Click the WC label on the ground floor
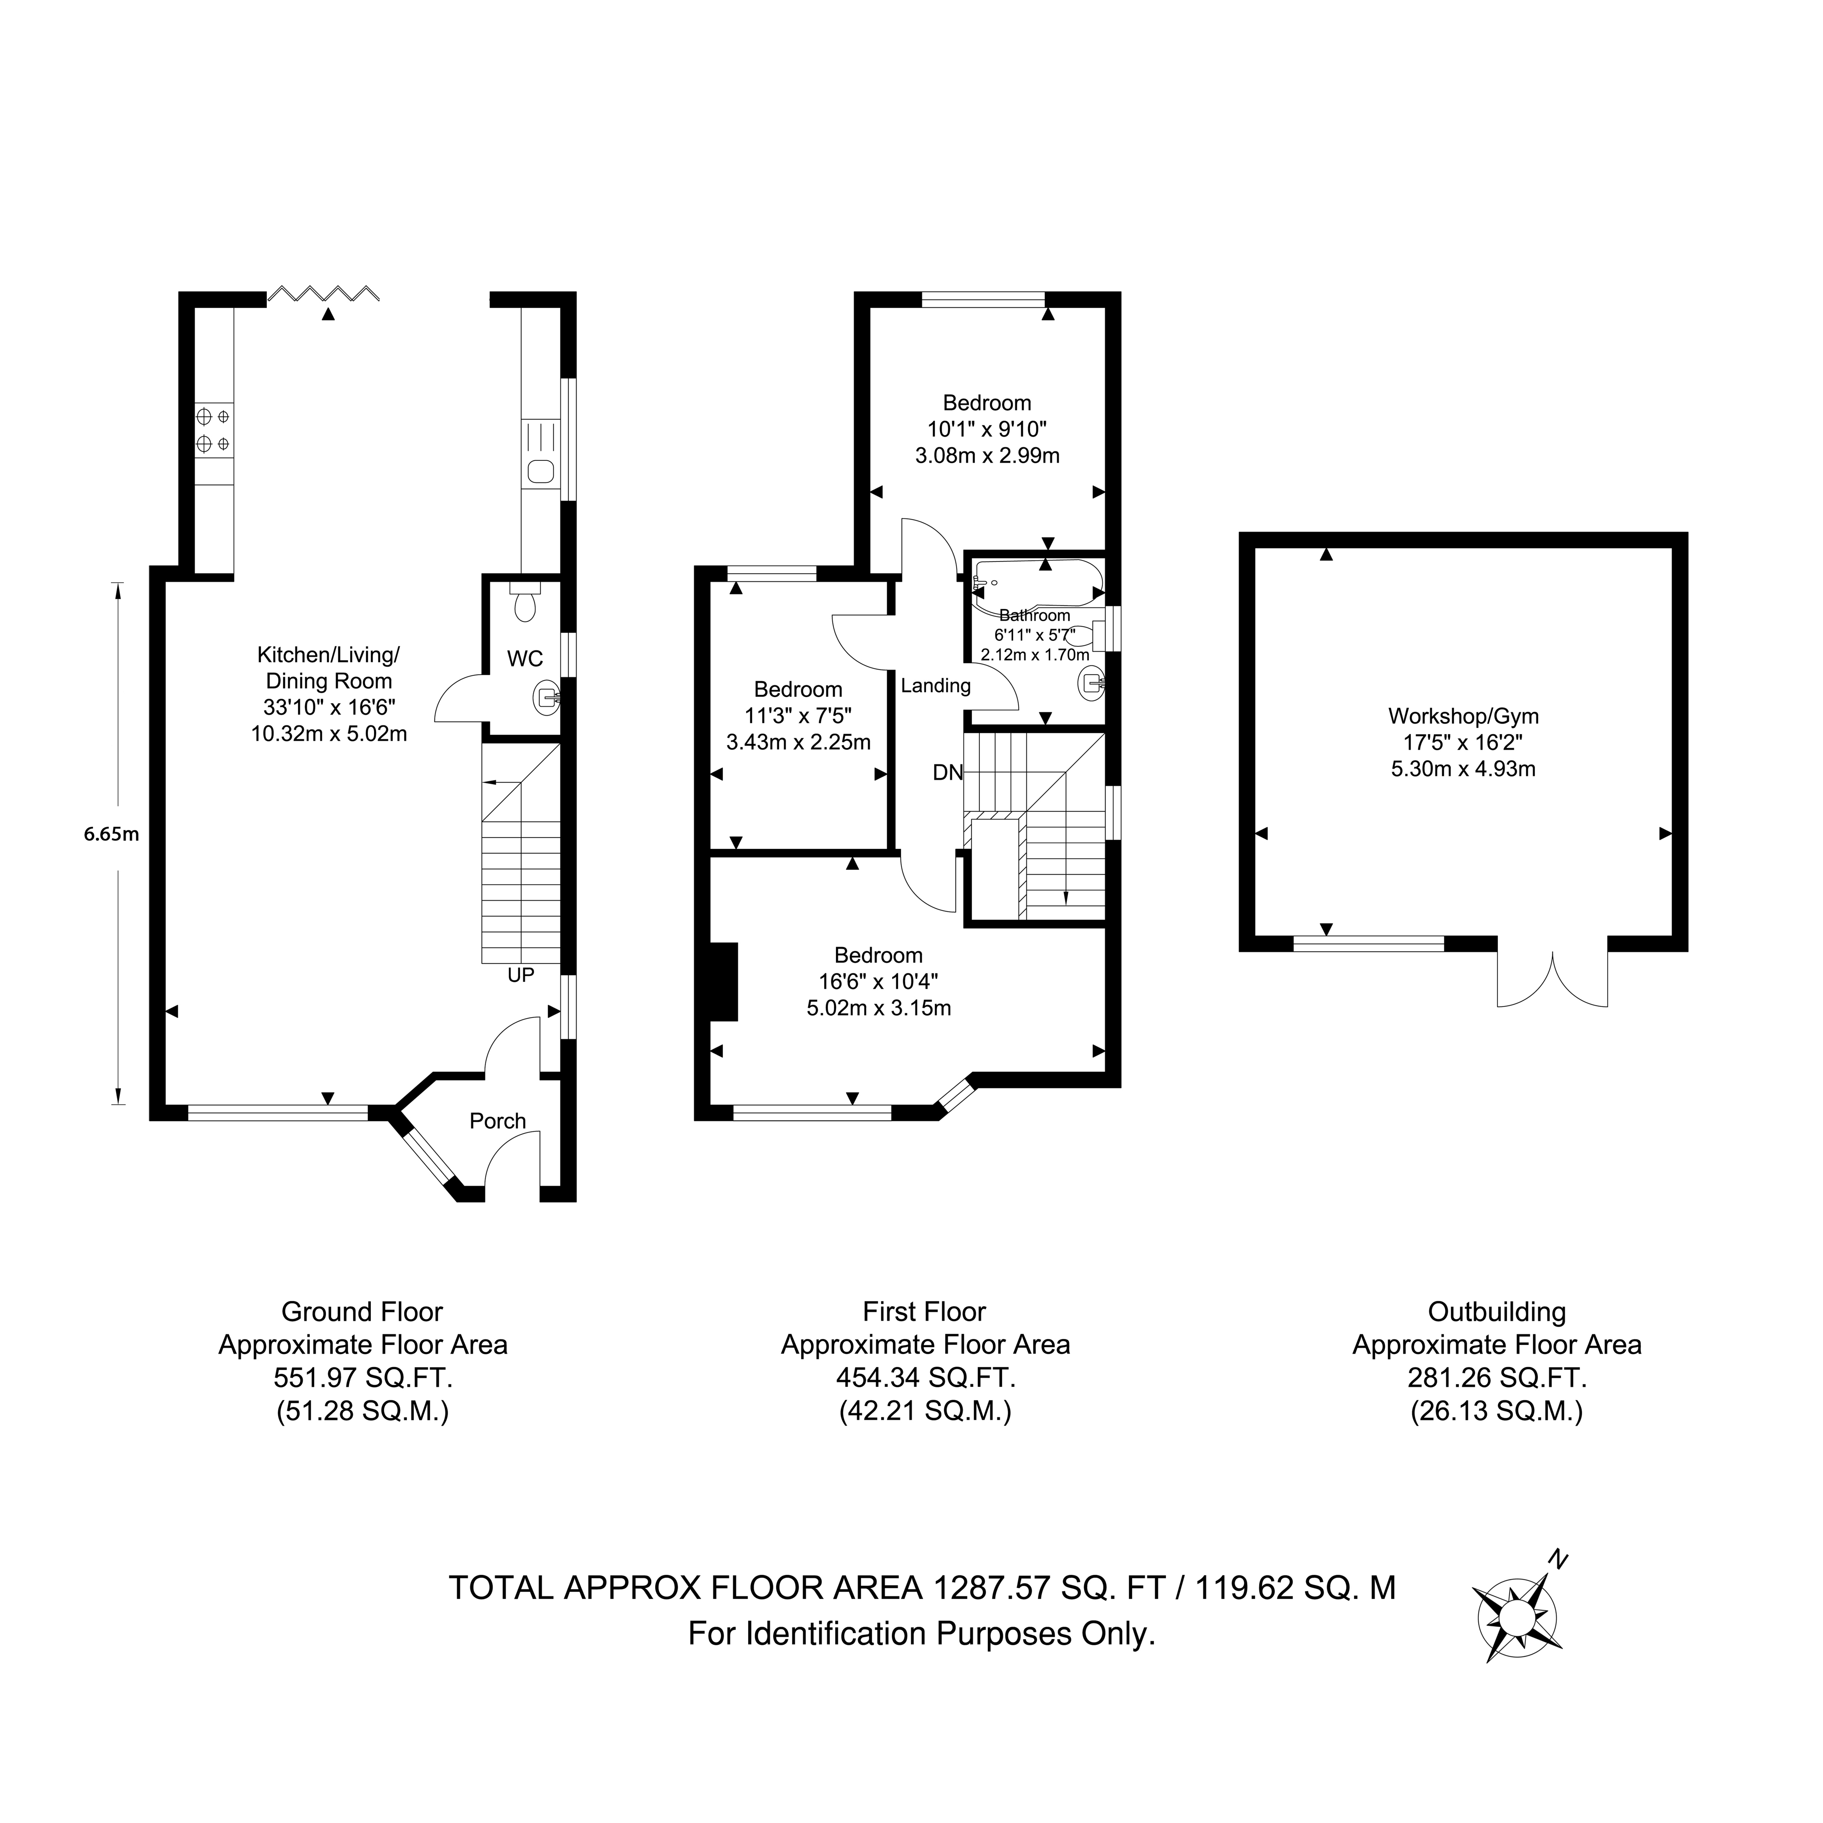pos(525,658)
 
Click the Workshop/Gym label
pos(1464,716)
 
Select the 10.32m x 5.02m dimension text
pos(329,733)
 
